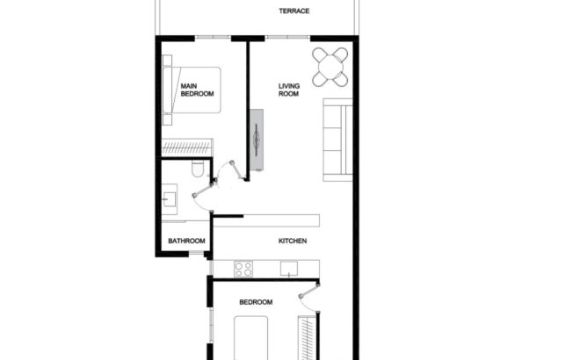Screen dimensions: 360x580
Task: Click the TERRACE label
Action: [295, 11]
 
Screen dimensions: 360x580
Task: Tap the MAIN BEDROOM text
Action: [196, 91]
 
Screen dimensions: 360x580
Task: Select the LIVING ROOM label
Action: [289, 90]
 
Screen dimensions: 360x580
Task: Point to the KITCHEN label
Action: [292, 241]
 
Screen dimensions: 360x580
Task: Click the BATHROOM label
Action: [186, 241]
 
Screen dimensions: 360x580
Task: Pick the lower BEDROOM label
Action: [256, 302]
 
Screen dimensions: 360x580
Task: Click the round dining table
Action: [331, 64]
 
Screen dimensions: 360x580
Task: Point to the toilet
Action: [197, 168]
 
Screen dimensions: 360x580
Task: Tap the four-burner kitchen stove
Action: [243, 269]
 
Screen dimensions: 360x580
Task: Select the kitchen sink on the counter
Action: [288, 270]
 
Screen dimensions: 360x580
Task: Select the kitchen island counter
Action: [266, 220]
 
